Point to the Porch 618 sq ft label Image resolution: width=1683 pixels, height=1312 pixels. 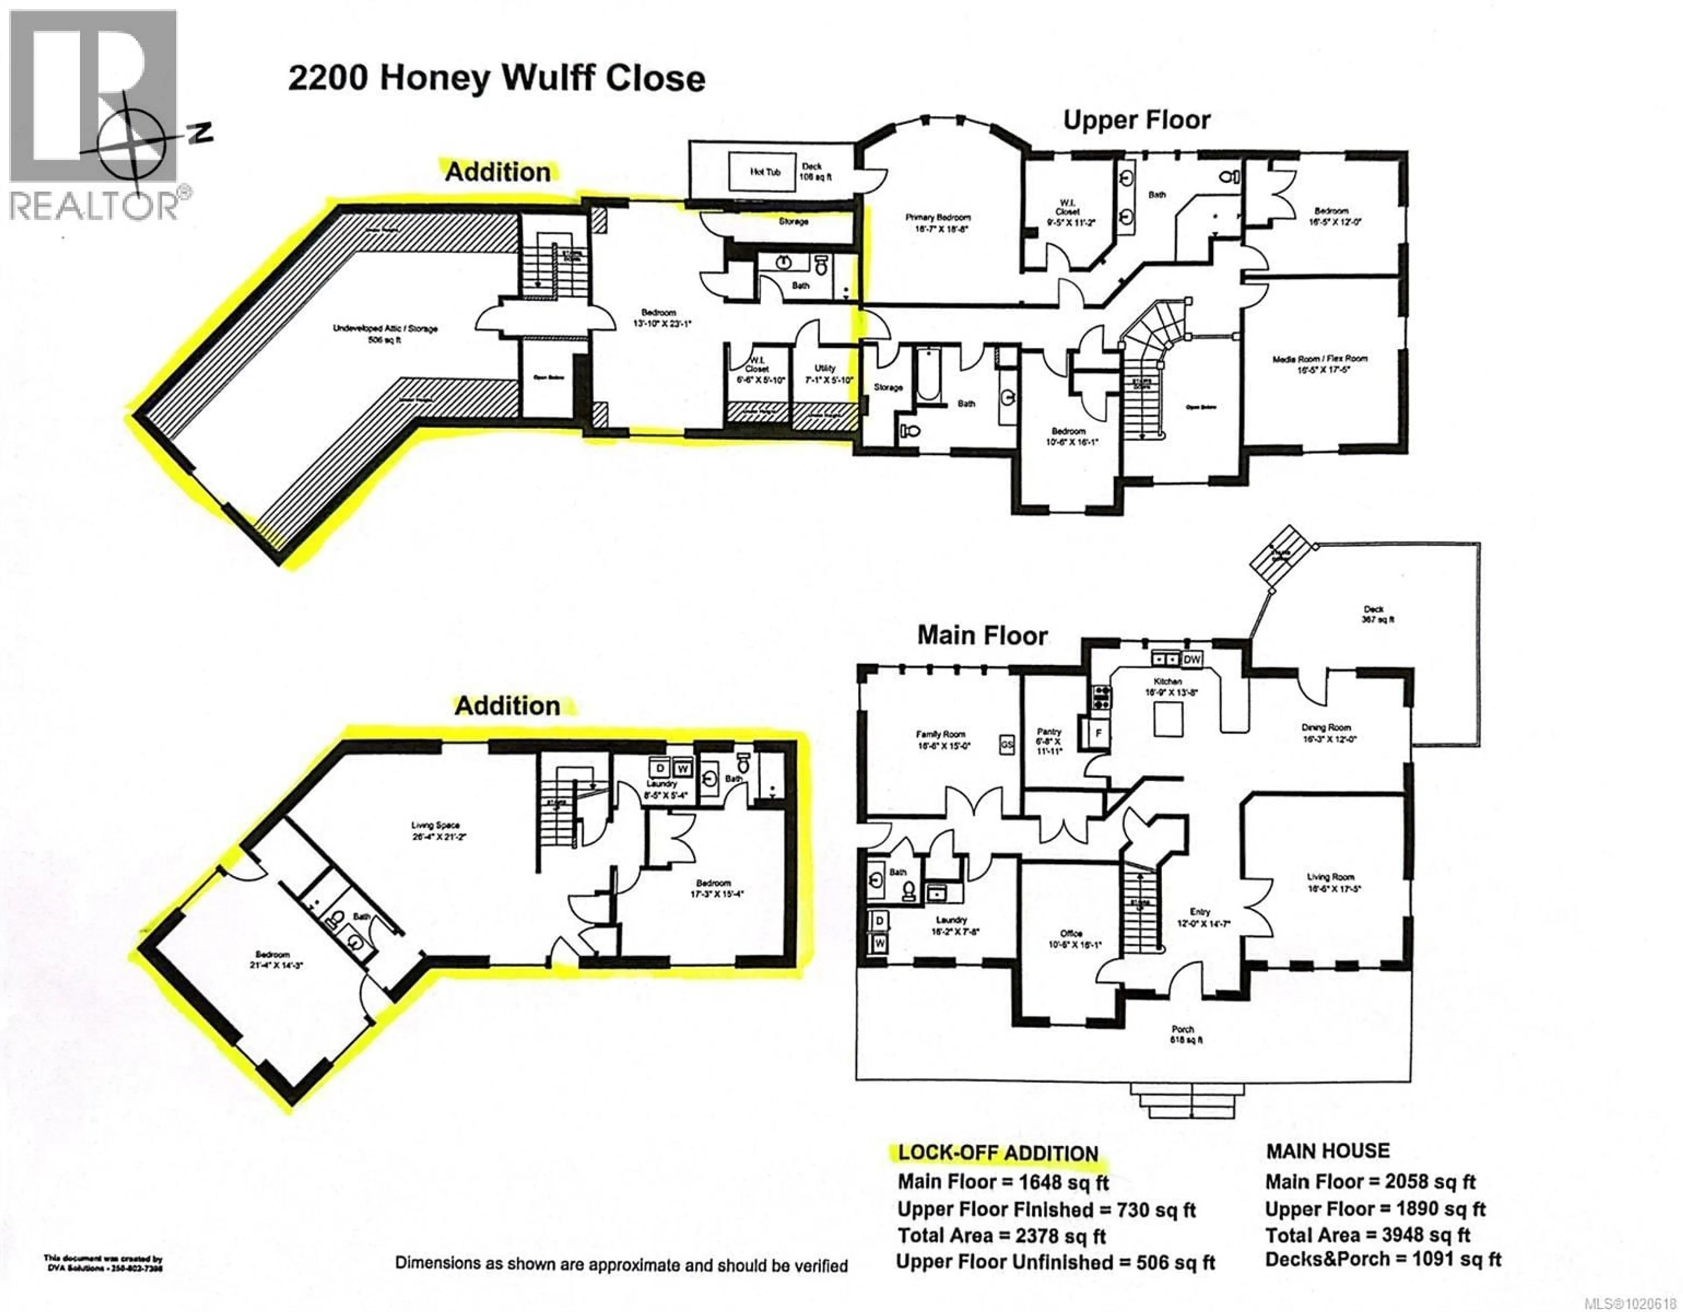(1183, 1034)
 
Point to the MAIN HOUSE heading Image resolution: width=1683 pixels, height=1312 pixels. (1328, 1151)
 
